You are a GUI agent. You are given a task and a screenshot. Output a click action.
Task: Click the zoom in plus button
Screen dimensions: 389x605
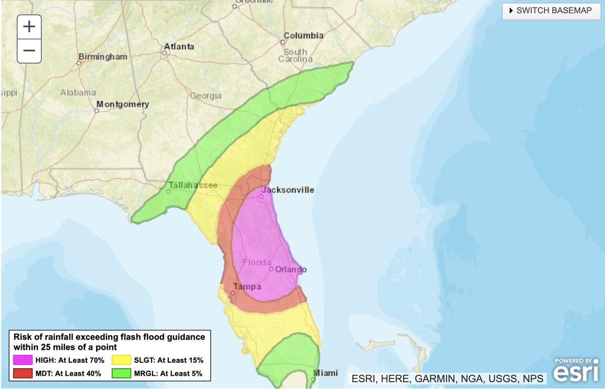[x=29, y=27]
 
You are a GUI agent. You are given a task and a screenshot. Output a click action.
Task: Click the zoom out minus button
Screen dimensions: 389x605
[x=29, y=50]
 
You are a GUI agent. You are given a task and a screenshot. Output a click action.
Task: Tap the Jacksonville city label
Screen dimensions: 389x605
[x=288, y=190]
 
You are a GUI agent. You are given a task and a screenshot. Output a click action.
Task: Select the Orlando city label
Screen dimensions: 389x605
[x=291, y=269]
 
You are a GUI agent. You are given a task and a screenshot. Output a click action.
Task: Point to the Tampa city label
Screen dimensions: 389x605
[x=247, y=287]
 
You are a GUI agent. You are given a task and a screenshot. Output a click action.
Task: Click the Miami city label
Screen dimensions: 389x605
[x=325, y=373]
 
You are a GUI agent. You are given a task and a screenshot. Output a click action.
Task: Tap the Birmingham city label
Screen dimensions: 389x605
[x=106, y=57]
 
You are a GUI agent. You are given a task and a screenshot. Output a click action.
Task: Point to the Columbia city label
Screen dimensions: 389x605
[x=304, y=36]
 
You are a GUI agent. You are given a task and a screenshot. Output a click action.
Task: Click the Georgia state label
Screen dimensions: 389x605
[x=205, y=95]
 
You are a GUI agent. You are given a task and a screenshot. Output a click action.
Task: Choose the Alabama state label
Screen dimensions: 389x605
[x=78, y=92]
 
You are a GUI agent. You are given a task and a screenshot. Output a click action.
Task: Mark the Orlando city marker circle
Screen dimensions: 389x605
[x=271, y=269]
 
